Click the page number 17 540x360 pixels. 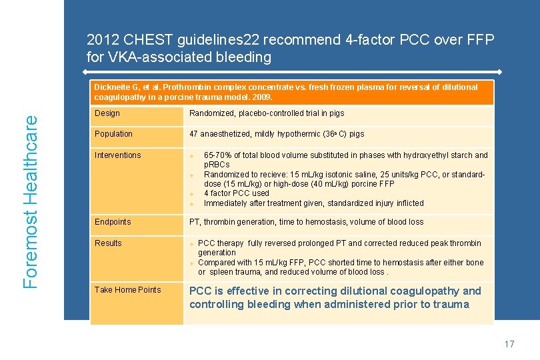coord(509,344)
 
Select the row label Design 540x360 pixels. coord(107,113)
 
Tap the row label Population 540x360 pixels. coord(113,134)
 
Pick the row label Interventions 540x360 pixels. coord(117,155)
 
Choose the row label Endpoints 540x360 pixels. coord(113,222)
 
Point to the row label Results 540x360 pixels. coord(108,243)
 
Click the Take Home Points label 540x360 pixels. coord(127,290)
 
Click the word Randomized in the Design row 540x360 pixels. coord(211,113)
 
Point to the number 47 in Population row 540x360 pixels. coord(194,134)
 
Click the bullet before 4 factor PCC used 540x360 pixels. coord(192,194)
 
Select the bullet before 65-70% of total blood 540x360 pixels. coord(192,156)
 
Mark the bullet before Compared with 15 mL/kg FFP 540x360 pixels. coord(192,263)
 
